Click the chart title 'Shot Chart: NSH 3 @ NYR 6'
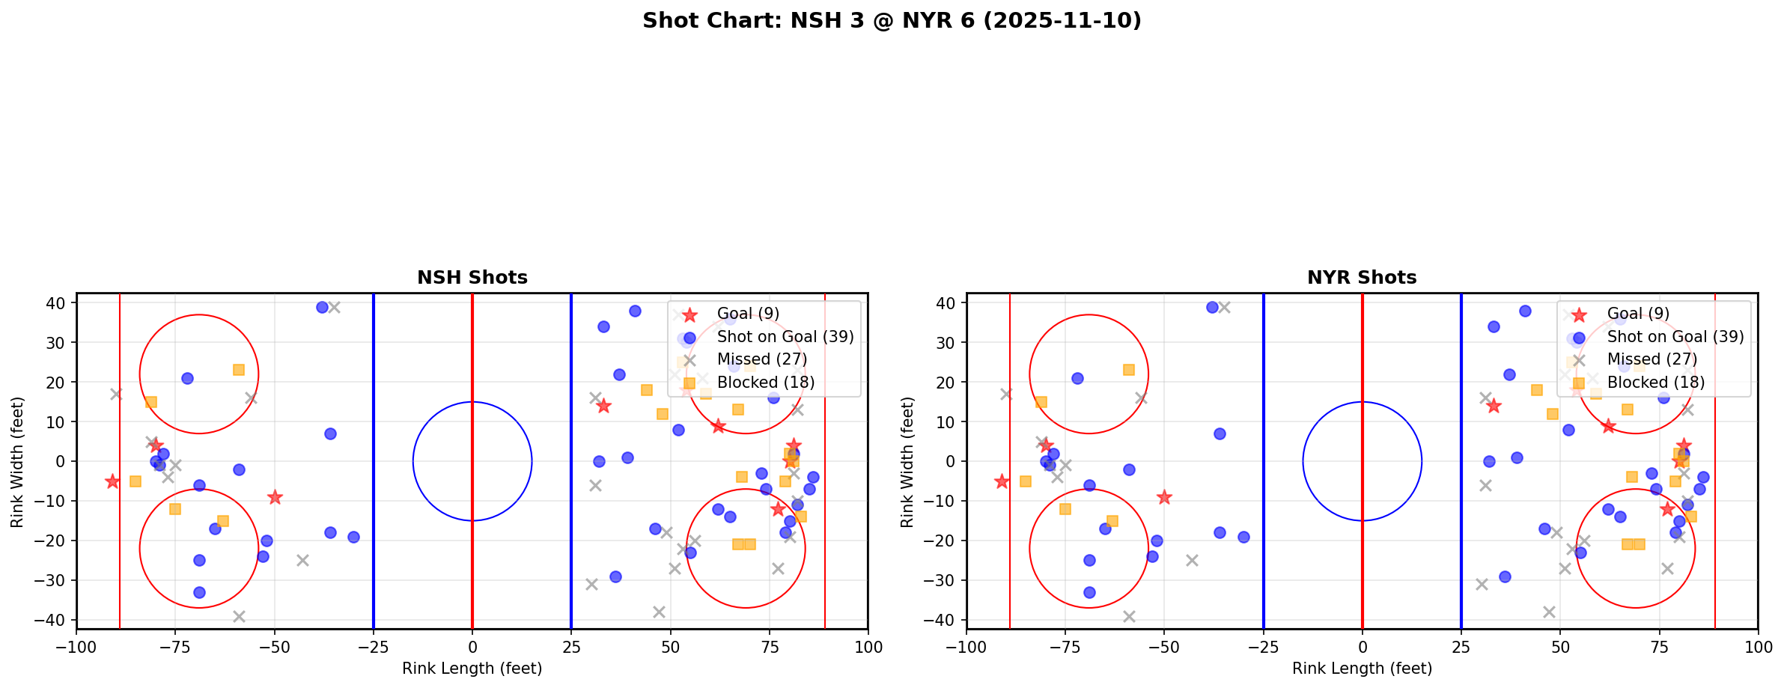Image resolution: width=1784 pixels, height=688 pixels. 892,21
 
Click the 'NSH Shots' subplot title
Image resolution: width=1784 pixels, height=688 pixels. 472,278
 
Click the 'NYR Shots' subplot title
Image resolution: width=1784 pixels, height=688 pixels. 1362,278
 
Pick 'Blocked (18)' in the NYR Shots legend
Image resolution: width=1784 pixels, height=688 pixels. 1656,383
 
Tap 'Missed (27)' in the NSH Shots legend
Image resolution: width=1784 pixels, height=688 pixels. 762,359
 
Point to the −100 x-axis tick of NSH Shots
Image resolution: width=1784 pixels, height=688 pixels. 76,647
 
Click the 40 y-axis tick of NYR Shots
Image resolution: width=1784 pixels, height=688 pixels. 945,303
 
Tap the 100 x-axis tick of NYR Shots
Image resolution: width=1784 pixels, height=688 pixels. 1757,647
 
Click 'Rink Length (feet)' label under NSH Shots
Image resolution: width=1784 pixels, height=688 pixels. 472,669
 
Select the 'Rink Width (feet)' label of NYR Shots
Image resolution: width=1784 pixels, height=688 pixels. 907,461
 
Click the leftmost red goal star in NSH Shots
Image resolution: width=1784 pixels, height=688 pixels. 112,481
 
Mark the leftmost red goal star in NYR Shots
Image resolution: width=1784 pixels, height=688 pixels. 1002,481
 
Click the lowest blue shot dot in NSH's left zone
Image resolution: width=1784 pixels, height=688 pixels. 199,592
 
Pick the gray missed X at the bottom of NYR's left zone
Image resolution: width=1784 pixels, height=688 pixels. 1129,616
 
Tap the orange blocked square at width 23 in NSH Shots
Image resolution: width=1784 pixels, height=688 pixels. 239,370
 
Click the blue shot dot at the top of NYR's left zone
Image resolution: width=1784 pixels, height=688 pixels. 1212,307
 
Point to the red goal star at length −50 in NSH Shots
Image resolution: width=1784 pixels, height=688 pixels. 275,497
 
